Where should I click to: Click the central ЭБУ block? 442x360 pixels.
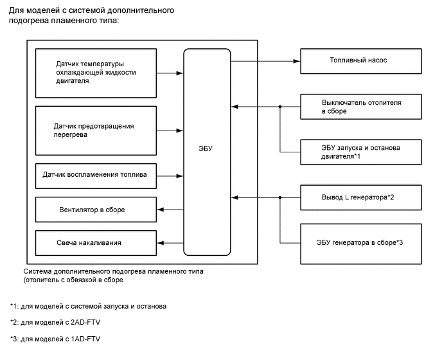(207, 150)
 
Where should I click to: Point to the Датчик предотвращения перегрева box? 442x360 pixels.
(96, 130)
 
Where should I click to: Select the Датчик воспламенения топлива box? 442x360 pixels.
(96, 175)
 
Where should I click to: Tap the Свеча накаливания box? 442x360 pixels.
(96, 242)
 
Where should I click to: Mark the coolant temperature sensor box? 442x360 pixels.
(96, 73)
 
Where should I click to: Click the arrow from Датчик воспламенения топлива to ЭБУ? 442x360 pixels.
(169, 175)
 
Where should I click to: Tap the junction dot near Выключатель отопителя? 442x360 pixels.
(280, 107)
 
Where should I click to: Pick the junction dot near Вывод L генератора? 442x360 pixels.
(280, 197)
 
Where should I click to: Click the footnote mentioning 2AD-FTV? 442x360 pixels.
(57, 322)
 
